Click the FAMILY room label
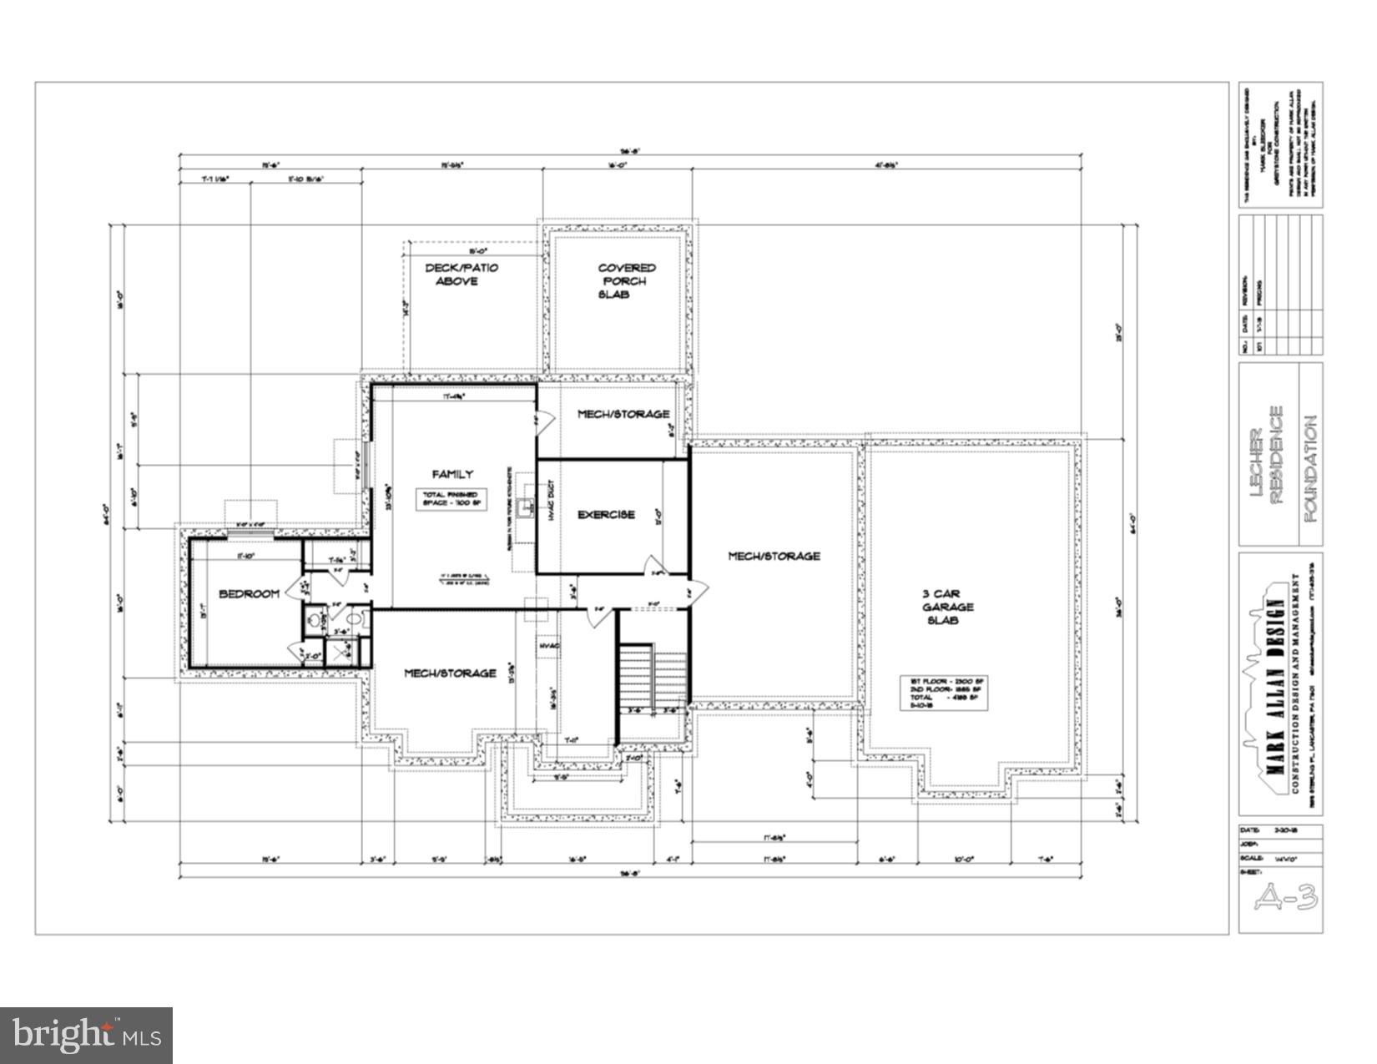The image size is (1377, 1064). click(452, 474)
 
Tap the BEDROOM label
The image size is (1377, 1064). click(249, 593)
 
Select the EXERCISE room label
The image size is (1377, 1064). click(607, 515)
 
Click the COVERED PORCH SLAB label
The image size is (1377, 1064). click(627, 281)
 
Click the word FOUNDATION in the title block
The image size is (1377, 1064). click(1309, 469)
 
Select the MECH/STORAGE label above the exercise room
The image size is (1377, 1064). click(623, 414)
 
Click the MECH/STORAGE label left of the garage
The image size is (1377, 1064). click(774, 556)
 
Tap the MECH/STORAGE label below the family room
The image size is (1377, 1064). click(450, 673)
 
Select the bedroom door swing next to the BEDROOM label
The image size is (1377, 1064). click(294, 590)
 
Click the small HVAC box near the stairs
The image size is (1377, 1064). click(548, 647)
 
